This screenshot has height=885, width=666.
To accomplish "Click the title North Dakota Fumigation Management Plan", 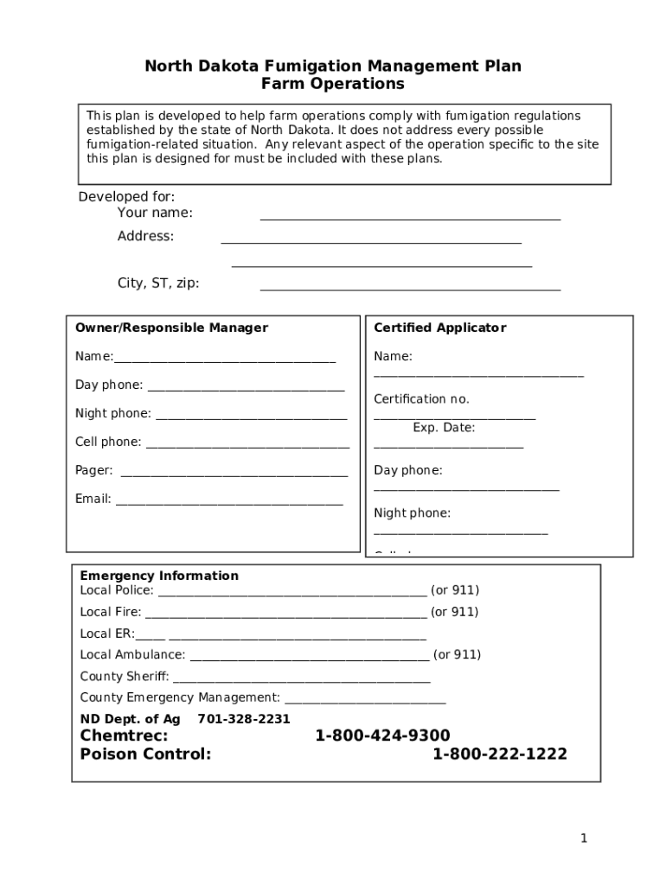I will (x=332, y=67).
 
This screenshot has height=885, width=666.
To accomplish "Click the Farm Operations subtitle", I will (x=332, y=85).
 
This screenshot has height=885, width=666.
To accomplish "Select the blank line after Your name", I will (x=410, y=218).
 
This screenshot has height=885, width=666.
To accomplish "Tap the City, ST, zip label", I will (x=158, y=283).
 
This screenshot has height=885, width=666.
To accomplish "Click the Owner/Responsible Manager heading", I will (x=171, y=328).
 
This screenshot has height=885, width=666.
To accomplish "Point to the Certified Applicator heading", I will (x=439, y=328).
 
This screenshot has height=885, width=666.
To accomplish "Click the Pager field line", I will (x=234, y=474).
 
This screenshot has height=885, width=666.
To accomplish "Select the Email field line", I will (x=229, y=502).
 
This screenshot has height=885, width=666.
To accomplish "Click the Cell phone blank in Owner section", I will (x=247, y=446).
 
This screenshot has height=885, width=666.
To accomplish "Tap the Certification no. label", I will (x=421, y=399).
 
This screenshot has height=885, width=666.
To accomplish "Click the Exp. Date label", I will (x=444, y=428).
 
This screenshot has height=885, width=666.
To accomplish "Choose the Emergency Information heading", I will (x=159, y=576).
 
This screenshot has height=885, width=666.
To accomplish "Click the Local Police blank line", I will (x=292, y=595).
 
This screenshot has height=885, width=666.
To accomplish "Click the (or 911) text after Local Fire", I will (x=455, y=612).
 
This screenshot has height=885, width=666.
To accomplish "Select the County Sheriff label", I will (x=125, y=677).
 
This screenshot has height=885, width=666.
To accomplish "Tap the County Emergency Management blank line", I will (x=365, y=702).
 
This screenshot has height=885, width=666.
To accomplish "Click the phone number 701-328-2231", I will (x=244, y=719).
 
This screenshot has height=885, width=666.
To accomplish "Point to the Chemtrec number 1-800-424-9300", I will (x=382, y=735).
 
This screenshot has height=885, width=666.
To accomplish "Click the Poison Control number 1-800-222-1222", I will (x=500, y=754).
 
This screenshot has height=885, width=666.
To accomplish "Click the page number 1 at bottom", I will (x=584, y=838).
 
